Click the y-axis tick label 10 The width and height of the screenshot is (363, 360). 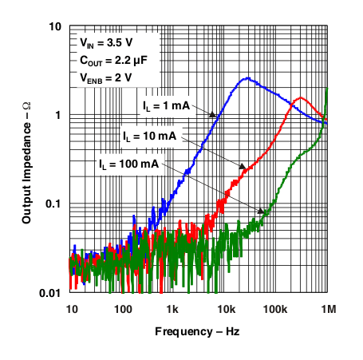[x=55, y=27]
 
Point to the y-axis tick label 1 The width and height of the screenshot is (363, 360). [x=58, y=116]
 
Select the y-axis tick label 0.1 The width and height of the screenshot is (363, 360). [x=53, y=204]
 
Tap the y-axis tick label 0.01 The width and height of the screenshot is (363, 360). [x=51, y=293]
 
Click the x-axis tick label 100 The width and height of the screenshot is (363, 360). [x=122, y=309]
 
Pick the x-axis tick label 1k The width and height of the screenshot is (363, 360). [x=173, y=309]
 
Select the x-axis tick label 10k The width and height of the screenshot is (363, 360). [x=224, y=309]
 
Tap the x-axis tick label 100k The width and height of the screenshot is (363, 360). [x=275, y=309]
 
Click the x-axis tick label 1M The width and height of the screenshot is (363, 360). [x=326, y=309]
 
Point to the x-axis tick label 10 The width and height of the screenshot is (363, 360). [x=71, y=309]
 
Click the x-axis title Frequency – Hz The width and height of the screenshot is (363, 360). [x=198, y=330]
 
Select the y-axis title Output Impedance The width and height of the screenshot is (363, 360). [x=26, y=160]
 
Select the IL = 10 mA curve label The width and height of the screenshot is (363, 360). [x=150, y=136]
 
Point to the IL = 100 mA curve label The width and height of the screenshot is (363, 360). [x=129, y=164]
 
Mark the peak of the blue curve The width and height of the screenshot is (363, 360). [x=247, y=78]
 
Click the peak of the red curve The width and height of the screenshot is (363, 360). [x=301, y=98]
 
